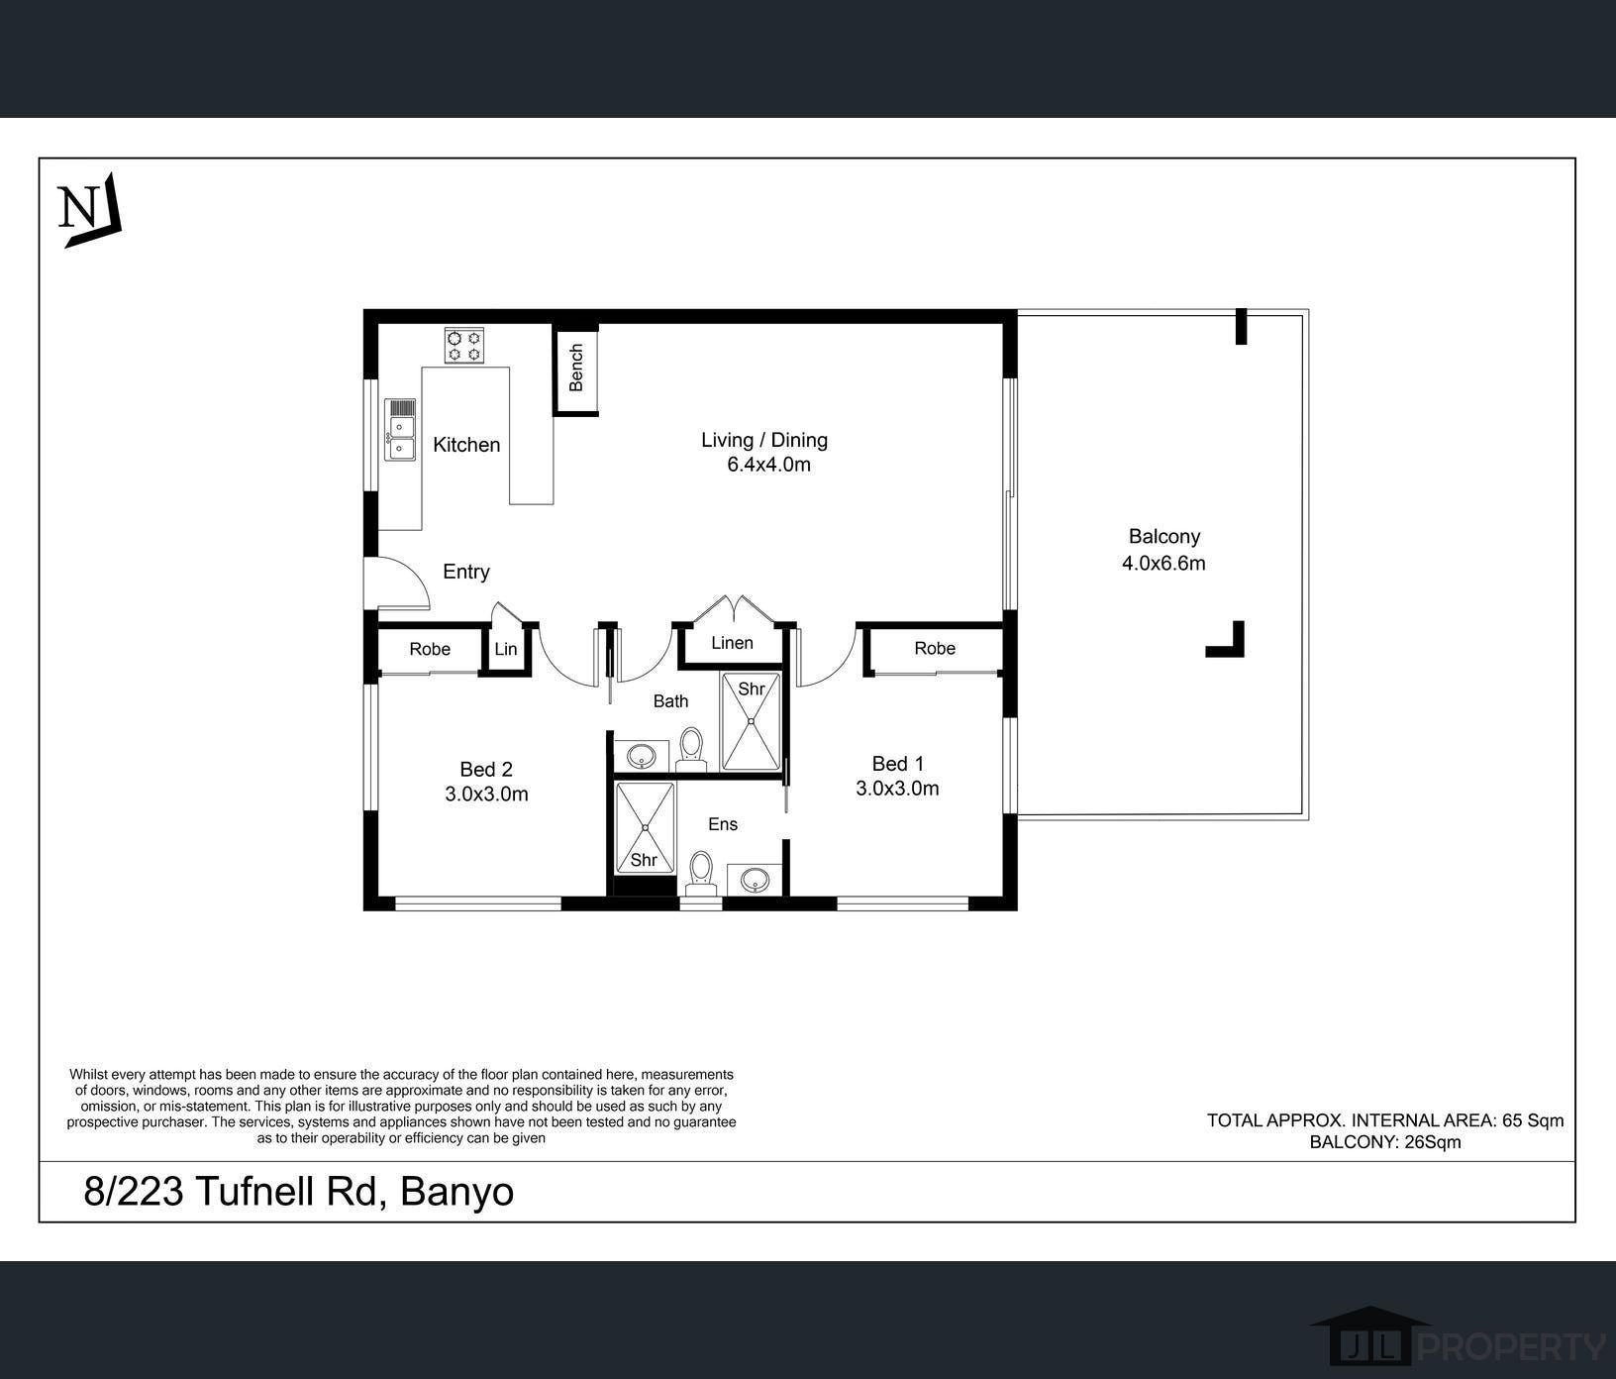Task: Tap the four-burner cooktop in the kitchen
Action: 463,345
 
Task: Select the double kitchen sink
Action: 400,430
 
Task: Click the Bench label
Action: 576,367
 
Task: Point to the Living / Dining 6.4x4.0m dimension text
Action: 768,465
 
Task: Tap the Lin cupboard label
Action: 505,650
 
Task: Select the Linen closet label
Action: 732,643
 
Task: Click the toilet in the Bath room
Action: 691,750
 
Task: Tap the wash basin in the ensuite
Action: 755,879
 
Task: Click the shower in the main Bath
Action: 751,721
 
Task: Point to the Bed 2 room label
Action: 486,770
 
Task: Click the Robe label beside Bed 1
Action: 935,649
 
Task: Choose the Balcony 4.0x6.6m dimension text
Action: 1163,564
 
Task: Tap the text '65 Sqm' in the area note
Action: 1533,1120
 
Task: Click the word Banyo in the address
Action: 456,1192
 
